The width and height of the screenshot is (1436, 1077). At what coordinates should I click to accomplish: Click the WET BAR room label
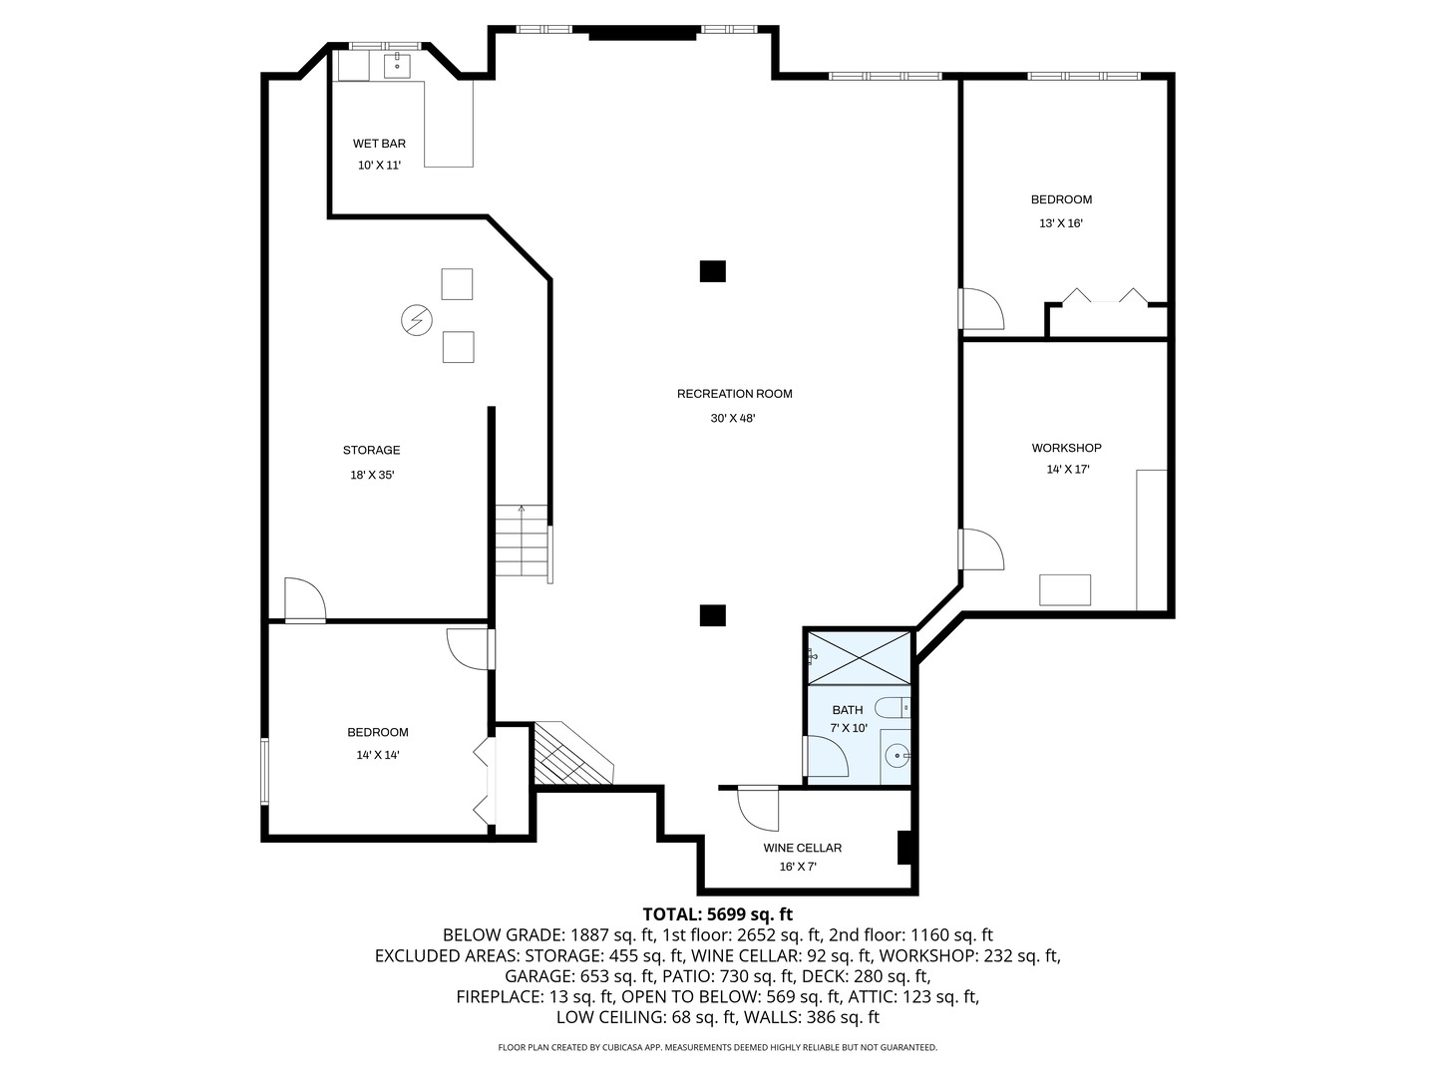[379, 144]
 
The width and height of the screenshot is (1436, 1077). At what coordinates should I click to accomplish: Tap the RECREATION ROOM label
[734, 394]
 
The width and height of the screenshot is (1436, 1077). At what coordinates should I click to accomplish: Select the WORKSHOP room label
[1066, 448]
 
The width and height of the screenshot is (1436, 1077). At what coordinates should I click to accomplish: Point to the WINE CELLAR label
[802, 848]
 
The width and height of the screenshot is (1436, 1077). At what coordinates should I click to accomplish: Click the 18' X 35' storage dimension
[372, 476]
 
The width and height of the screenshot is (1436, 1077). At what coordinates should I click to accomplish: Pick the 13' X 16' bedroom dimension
[1061, 223]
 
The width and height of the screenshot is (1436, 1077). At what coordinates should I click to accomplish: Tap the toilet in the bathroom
[893, 708]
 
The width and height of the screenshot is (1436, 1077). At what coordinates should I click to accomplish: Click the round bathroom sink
[897, 757]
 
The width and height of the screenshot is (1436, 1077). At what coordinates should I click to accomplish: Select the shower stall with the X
[859, 656]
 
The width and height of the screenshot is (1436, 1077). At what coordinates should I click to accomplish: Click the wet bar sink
[398, 66]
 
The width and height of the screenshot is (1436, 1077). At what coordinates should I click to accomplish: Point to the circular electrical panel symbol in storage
[416, 319]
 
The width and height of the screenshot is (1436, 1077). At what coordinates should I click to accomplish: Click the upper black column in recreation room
[712, 271]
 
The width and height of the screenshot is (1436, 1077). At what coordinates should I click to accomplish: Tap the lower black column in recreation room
[712, 615]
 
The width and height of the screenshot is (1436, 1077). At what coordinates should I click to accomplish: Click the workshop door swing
[982, 549]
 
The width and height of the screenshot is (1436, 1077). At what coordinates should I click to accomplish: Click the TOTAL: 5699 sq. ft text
[717, 913]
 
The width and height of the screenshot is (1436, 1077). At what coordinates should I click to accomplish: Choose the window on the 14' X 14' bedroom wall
[264, 770]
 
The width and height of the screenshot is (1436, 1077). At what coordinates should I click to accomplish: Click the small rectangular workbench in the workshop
[1065, 589]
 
